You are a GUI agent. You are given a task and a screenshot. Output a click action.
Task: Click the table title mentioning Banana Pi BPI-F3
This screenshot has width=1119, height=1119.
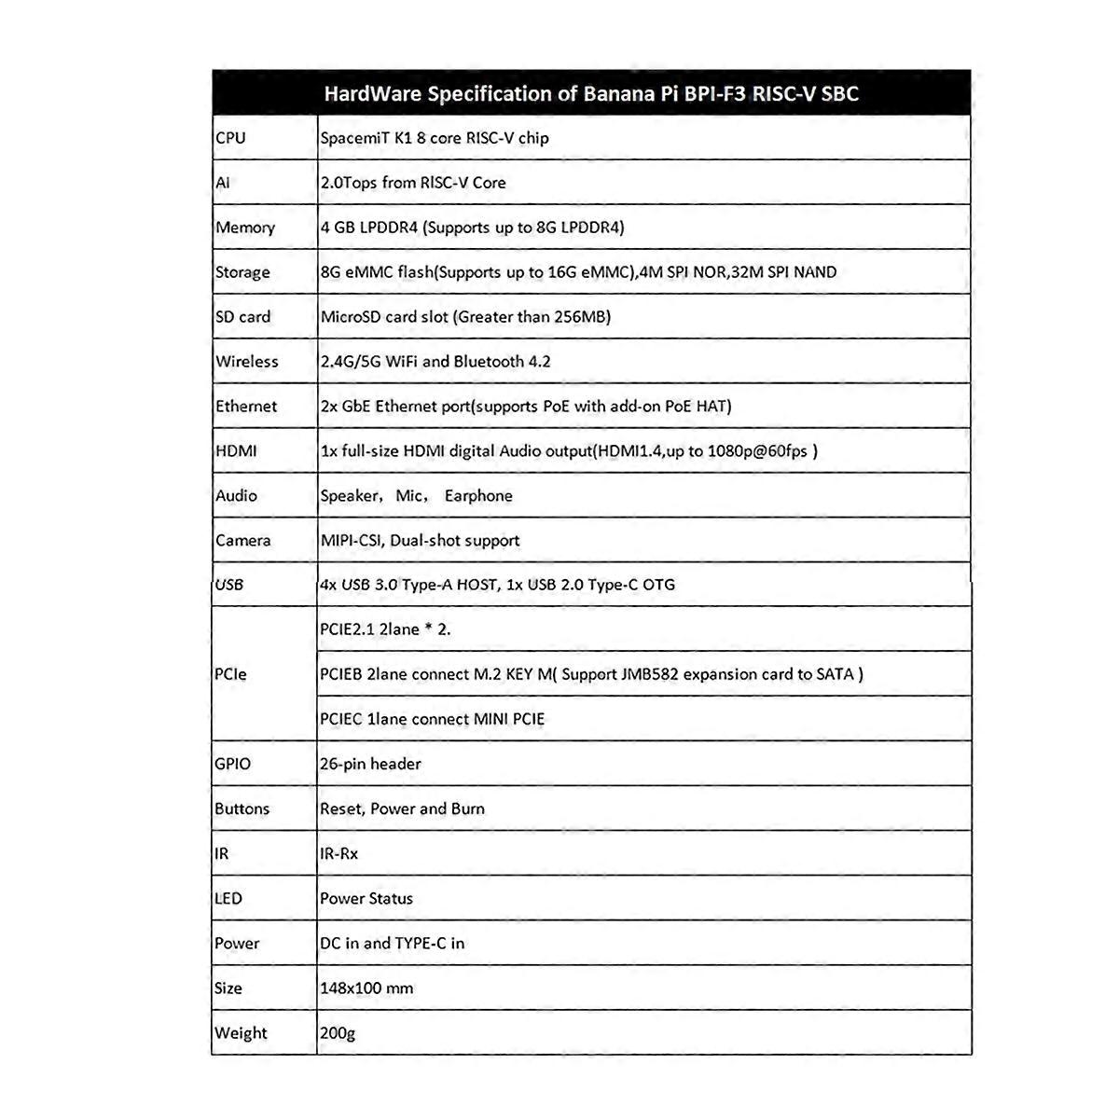click(591, 93)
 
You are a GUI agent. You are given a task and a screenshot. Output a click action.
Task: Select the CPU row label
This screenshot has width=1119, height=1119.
click(231, 138)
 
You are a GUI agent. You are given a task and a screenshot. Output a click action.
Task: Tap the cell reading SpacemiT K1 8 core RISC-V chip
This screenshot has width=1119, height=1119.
click(435, 138)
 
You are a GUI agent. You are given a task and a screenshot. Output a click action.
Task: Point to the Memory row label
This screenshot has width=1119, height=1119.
click(245, 228)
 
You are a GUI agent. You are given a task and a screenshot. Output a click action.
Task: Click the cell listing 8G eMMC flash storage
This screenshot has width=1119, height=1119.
click(578, 272)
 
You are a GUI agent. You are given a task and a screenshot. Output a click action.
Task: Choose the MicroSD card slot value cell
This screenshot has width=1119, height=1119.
click(465, 317)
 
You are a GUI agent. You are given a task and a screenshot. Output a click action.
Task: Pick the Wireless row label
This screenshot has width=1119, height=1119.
click(247, 362)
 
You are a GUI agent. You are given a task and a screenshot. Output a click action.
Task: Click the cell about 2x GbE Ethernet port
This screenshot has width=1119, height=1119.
click(526, 407)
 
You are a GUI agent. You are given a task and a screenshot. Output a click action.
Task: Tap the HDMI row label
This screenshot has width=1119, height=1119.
click(236, 451)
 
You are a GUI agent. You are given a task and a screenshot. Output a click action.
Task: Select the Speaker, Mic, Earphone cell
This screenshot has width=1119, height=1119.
click(417, 496)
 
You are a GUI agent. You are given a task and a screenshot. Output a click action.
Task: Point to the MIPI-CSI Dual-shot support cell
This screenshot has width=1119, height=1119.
click(420, 541)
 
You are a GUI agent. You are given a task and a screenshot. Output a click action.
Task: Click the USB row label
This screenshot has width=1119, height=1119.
click(229, 585)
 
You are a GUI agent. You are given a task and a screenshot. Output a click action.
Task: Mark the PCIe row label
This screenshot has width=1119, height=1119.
click(231, 674)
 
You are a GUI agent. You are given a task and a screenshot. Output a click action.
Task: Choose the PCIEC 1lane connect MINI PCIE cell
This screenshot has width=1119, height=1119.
click(432, 719)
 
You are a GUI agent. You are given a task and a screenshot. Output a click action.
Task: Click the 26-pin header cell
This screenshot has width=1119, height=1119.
click(370, 764)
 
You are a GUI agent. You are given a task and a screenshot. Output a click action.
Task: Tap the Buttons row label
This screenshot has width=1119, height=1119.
click(242, 808)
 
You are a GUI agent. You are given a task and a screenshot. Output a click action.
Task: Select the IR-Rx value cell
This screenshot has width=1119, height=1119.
click(338, 853)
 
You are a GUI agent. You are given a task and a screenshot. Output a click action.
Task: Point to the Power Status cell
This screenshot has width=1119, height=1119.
click(366, 899)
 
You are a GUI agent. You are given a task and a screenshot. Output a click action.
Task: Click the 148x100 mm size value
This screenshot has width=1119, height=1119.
click(366, 988)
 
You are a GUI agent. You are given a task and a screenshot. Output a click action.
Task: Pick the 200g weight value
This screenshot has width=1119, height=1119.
click(338, 1033)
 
